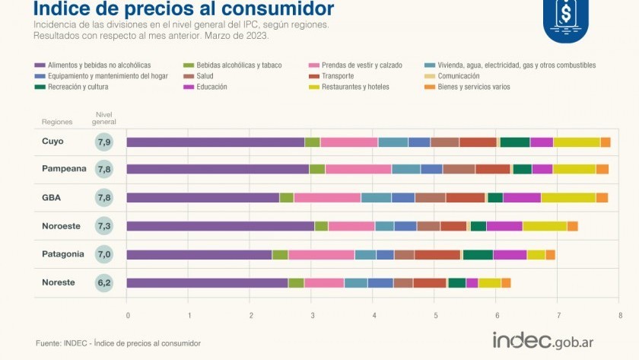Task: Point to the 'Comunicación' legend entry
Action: click(459, 76)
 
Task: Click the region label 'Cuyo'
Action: click(52, 142)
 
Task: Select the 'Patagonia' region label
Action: click(62, 254)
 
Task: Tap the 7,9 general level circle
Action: click(104, 142)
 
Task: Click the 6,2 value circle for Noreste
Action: click(104, 283)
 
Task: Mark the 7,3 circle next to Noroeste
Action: click(104, 227)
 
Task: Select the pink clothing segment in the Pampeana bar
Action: click(358, 169)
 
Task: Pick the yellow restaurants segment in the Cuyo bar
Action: click(577, 142)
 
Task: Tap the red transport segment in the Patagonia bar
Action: click(437, 255)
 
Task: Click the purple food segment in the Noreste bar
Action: click(207, 283)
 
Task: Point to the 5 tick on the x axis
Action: click(435, 314)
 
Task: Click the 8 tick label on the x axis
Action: click(620, 314)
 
